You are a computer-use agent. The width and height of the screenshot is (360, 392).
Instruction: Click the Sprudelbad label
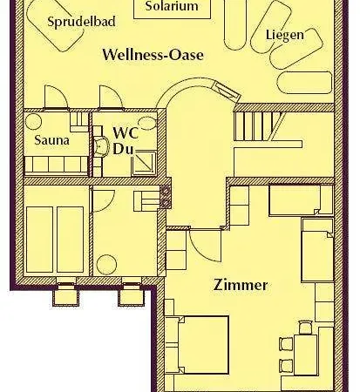pos(81,22)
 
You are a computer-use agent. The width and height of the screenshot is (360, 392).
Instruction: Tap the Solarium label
pos(172,6)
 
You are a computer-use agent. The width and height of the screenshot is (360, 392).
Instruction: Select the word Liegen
pos(285,35)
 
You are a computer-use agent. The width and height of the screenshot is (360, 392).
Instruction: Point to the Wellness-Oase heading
pos(153,55)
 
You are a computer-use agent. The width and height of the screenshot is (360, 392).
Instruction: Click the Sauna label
pos(52,140)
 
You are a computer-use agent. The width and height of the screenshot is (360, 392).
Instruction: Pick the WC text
pos(126,133)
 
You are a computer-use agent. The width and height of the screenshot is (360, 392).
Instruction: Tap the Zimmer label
pos(241,285)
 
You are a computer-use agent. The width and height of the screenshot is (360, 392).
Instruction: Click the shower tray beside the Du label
pos(144,164)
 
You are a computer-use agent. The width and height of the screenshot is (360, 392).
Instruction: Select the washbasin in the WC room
pos(100,146)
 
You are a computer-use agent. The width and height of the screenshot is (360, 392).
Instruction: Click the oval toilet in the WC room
pos(146,123)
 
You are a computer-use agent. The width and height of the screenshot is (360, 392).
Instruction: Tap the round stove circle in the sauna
pos(33,122)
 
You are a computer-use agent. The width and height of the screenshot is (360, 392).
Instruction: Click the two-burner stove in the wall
pos(166,197)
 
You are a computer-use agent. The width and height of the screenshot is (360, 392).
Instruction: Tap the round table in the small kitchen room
pos(106,265)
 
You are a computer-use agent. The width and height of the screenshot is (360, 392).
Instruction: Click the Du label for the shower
pos(123,149)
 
